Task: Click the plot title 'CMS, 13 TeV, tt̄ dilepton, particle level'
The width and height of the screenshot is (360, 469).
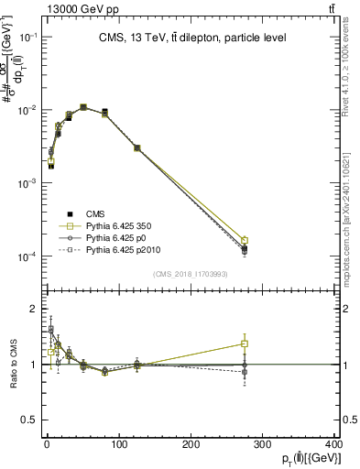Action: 189,38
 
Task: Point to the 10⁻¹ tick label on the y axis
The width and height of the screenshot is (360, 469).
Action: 29,37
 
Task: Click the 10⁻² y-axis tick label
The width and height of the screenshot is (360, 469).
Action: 29,110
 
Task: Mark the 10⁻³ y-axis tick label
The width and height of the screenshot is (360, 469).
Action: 29,183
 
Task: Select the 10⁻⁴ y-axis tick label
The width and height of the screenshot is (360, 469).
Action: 29,256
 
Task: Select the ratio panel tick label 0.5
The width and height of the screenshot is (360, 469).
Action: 31,420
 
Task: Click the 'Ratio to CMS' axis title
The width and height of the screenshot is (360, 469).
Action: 13,364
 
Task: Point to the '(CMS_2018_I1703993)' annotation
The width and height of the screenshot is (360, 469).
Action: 190,273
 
